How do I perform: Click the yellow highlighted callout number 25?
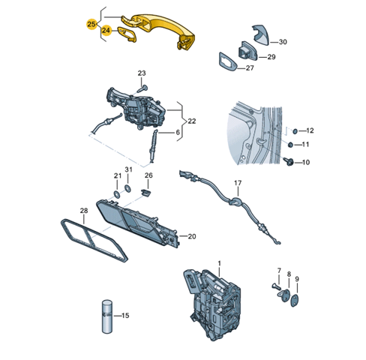(x=91, y=24)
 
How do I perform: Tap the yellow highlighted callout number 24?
(x=106, y=30)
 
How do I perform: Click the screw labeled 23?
(x=142, y=89)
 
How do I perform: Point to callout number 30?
(x=283, y=42)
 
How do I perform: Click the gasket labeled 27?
(x=228, y=61)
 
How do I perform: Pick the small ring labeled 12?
(x=295, y=130)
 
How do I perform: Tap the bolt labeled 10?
(x=289, y=162)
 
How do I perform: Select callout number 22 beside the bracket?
(x=192, y=121)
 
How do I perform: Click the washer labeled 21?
(x=117, y=194)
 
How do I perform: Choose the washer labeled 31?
(x=127, y=188)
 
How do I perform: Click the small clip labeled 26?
(x=146, y=193)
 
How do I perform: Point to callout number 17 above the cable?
(x=238, y=183)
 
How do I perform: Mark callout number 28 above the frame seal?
(x=84, y=211)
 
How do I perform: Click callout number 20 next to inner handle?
(x=192, y=236)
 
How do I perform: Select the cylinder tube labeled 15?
(x=107, y=316)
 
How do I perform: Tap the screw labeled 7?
(x=276, y=286)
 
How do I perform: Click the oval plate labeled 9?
(x=295, y=301)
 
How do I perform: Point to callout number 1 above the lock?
(x=219, y=263)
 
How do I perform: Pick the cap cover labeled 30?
(x=261, y=34)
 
